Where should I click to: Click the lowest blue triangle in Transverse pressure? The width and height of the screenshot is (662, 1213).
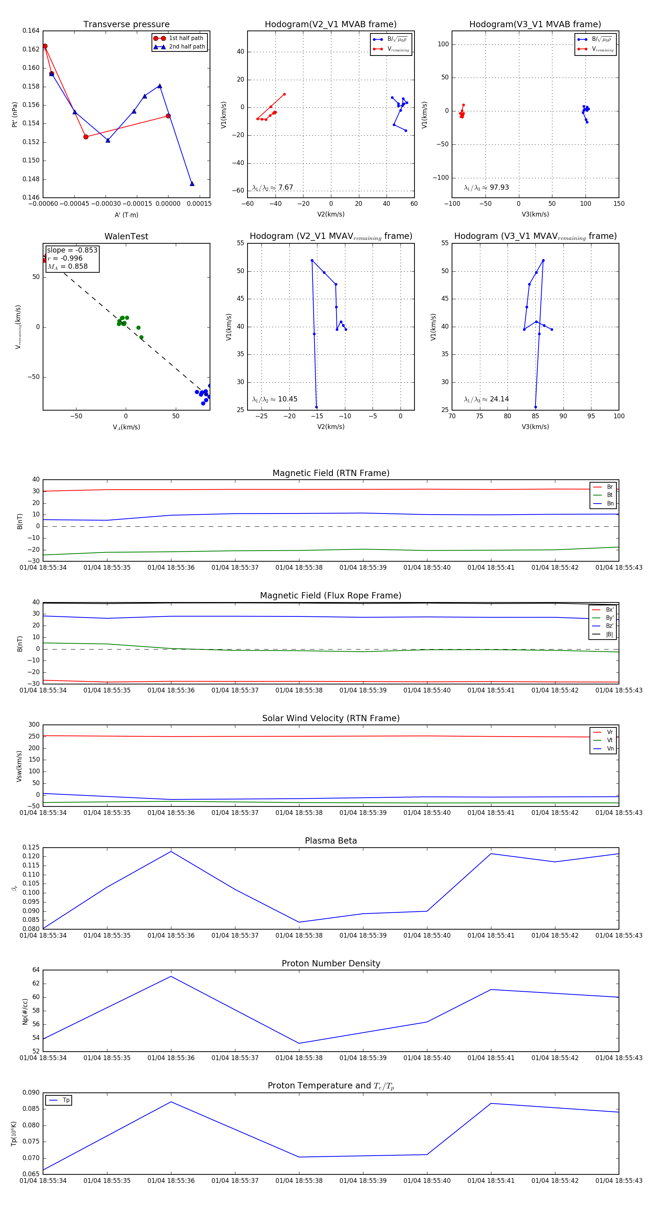click(x=192, y=184)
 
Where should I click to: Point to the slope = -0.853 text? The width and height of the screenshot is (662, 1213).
click(x=72, y=250)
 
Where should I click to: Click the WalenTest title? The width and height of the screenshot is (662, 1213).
click(x=126, y=236)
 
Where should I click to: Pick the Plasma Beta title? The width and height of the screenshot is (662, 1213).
click(x=331, y=841)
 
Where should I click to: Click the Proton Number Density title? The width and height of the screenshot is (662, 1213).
click(x=331, y=963)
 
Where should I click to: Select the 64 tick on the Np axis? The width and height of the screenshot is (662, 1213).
click(x=36, y=970)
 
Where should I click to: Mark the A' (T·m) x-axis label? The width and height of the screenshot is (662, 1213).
click(x=126, y=215)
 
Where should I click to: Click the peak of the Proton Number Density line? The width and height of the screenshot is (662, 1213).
click(x=171, y=976)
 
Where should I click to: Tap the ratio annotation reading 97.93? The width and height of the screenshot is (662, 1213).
click(x=486, y=187)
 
